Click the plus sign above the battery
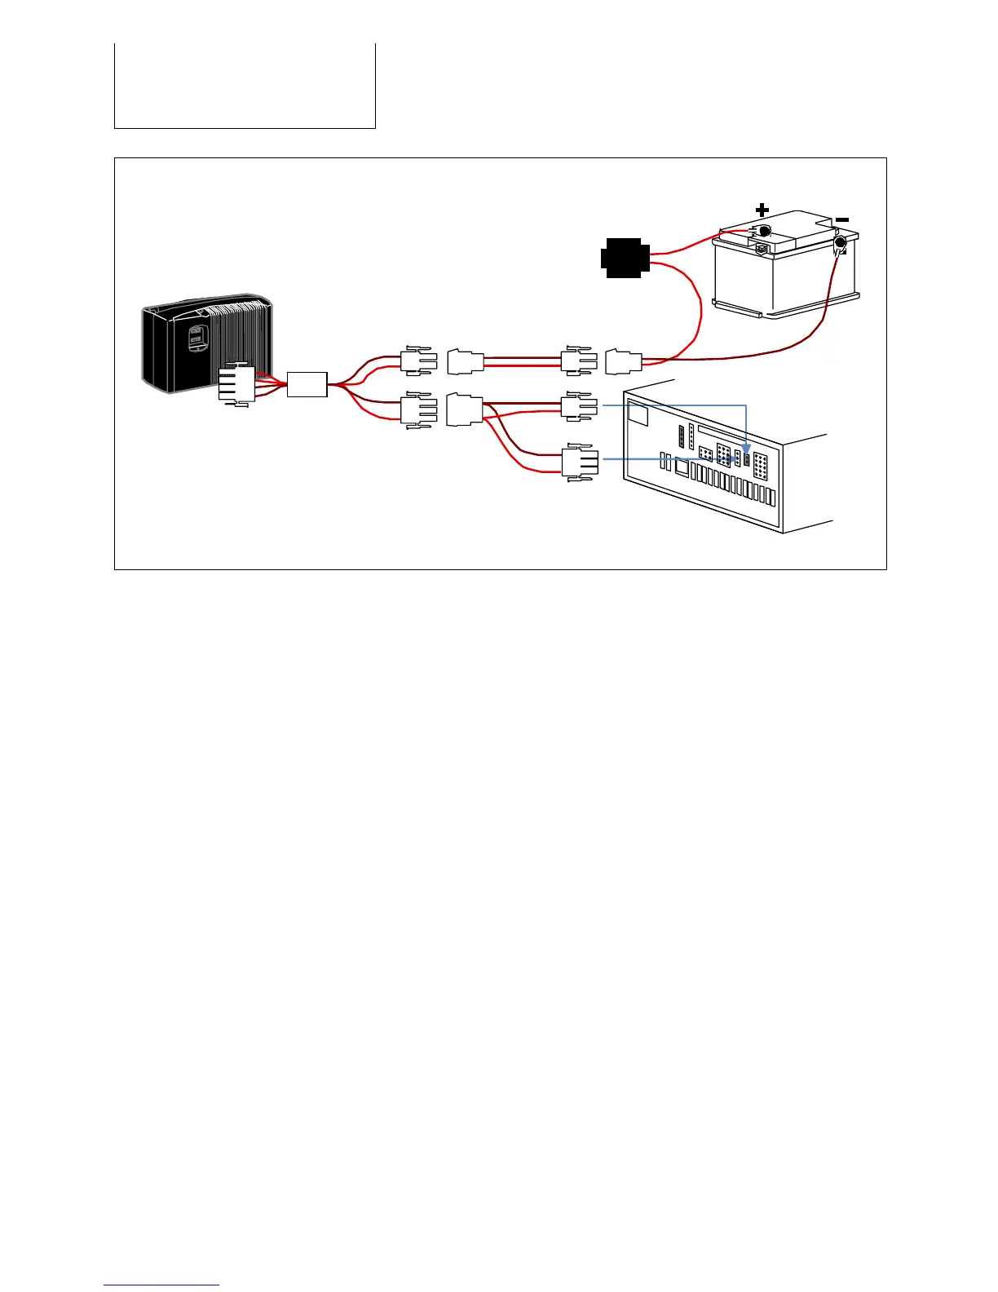(762, 210)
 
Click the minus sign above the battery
(842, 219)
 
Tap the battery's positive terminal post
(764, 232)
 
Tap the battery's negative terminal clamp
(840, 243)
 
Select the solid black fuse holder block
(625, 258)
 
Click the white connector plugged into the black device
(236, 383)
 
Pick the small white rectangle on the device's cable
(307, 384)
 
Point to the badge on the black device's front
(196, 338)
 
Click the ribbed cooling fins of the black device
(241, 334)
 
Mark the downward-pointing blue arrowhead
(747, 449)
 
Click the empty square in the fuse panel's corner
(638, 414)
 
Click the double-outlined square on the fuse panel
(682, 467)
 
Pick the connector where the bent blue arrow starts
(580, 405)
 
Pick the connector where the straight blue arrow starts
(580, 462)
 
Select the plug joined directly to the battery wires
(624, 361)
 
